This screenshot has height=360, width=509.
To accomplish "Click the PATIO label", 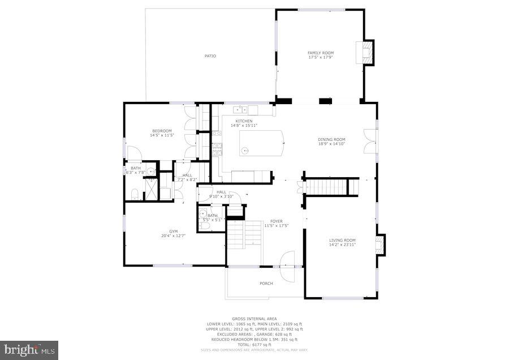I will coord(210,55).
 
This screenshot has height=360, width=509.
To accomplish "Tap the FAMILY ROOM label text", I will coord(320,53).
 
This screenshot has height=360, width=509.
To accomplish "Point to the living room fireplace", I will coord(381,243).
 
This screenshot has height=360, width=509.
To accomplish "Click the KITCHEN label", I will coord(244,121).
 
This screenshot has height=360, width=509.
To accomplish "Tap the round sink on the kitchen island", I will coord(244,151).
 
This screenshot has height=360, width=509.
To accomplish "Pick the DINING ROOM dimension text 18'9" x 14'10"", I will coord(331,144).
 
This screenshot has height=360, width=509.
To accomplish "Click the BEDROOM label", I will coord(161,131).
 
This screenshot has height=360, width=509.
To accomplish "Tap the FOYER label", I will coord(276,221).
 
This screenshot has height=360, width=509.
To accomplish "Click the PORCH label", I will coord(266,283).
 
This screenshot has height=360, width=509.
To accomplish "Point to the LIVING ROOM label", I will coord(342,240).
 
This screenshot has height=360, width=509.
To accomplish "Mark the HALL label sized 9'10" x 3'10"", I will coord(221,192).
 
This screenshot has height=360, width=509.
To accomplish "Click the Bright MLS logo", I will coord(29,350).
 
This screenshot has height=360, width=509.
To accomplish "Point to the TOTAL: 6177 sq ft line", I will coord(254,345).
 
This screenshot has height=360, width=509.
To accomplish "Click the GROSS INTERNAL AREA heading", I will coord(254,319).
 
